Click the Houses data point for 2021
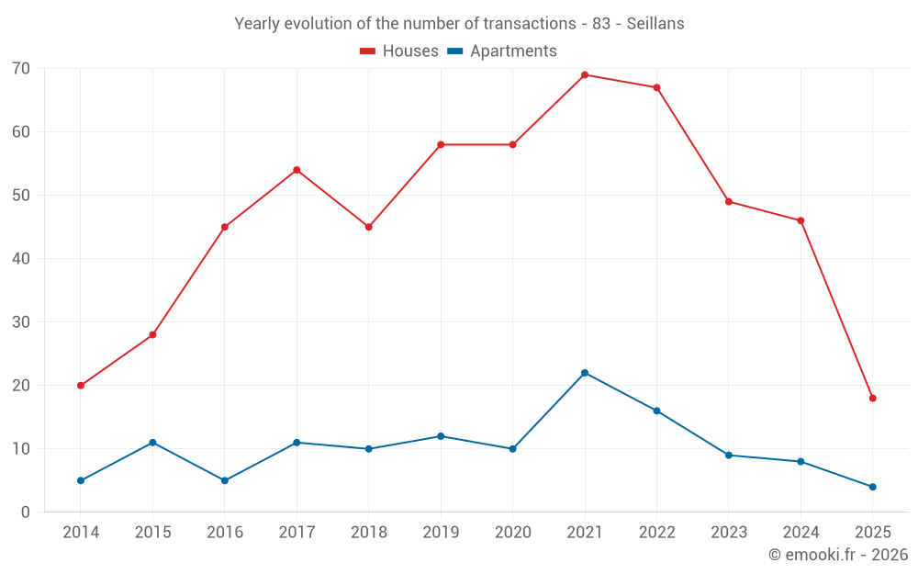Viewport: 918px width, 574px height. coord(585,75)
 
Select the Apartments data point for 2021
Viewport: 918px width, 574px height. coord(585,373)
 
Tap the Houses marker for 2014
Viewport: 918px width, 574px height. coord(81,386)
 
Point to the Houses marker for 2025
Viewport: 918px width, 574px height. coord(872,399)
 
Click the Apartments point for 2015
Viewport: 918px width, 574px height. coord(152,443)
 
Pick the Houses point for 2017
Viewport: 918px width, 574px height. coord(297,170)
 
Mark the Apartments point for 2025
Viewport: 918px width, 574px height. coord(872,487)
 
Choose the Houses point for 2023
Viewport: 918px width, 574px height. coord(729,202)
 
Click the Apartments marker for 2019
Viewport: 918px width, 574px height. coord(441,436)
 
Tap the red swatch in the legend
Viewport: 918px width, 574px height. coord(367,51)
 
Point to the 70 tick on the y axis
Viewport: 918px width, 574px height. coord(21,69)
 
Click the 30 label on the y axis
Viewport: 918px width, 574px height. coord(21,322)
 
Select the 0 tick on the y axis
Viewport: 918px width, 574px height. coord(26,512)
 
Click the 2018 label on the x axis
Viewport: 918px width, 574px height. coord(368,533)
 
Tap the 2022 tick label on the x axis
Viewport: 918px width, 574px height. coord(656,533)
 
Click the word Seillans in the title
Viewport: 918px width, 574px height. coord(655,24)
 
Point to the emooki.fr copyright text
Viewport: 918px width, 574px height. coord(837,555)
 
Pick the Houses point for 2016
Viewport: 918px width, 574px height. coord(225,227)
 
